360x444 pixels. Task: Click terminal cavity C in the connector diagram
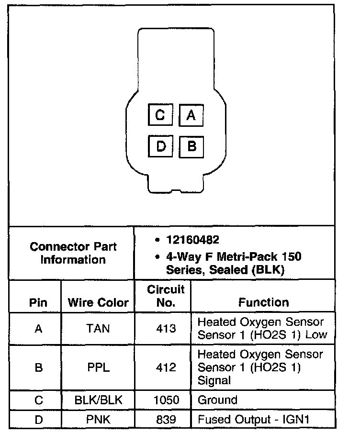pos(160,115)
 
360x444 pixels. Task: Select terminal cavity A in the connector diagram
pos(191,115)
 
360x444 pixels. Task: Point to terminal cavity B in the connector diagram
pos(191,146)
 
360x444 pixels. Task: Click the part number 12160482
pos(192,239)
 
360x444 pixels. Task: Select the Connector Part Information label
pos(73,253)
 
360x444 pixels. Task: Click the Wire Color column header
pos(98,302)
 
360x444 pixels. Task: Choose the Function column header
pos(264,302)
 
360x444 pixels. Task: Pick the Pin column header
pos(38,302)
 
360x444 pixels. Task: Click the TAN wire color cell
pos(98,329)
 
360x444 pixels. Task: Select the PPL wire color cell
pos(98,367)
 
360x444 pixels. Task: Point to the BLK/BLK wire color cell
pos(98,400)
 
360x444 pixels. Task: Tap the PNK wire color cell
pos(98,420)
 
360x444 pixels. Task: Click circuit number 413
pos(166,329)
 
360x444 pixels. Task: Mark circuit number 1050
pos(166,400)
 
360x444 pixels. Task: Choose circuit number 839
pos(166,420)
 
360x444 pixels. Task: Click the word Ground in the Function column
pos(217,400)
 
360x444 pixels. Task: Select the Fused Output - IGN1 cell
pos(254,420)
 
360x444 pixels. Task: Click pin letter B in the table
pos(38,367)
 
